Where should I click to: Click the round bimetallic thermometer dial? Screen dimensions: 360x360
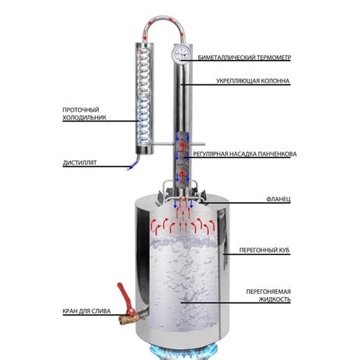coord(181,53)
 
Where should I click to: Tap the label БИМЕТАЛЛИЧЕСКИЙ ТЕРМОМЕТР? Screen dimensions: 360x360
coord(245,58)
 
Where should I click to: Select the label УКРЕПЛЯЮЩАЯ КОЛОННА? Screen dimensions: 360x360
coord(253,81)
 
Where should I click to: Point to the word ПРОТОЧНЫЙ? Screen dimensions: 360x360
coord(81,110)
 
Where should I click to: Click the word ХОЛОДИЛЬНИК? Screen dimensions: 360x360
coord(84,118)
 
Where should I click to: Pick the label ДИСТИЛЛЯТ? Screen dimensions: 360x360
coord(80,163)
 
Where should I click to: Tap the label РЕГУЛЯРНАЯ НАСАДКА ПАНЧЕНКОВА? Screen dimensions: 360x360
coord(245,154)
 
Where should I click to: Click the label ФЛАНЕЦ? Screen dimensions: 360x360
coord(278,199)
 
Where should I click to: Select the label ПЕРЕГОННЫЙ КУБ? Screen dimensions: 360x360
coord(264,251)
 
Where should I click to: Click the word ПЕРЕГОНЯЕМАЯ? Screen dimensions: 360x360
coord(268,292)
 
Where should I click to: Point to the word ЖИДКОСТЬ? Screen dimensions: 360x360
coord(274,299)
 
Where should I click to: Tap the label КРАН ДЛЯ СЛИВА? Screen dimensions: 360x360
coord(87,311)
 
